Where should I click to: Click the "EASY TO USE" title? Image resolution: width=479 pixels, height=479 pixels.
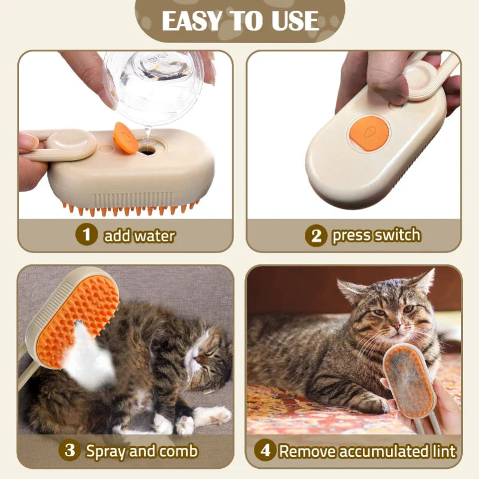(x=239, y=20)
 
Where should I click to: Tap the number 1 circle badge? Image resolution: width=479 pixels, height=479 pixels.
(x=87, y=235)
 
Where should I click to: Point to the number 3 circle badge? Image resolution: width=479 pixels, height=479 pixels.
(x=70, y=450)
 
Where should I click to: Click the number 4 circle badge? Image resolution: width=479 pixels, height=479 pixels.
(x=265, y=450)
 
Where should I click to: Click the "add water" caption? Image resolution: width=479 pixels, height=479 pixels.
(x=140, y=235)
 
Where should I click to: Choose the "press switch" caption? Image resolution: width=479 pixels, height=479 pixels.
(x=376, y=235)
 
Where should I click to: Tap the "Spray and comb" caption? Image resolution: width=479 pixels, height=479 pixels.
(x=141, y=450)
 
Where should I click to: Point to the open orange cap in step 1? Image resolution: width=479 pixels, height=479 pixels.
(x=125, y=138)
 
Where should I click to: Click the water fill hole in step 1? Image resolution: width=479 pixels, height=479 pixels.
(x=145, y=151)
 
